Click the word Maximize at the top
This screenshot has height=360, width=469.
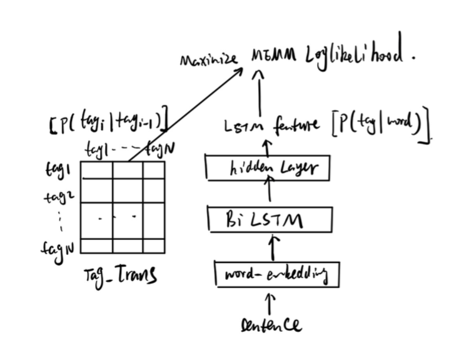click(209, 61)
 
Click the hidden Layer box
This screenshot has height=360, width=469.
click(269, 167)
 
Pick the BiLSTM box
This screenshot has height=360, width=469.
click(270, 220)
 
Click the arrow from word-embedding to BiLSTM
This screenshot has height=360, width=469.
click(271, 247)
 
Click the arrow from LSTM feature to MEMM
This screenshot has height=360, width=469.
click(258, 94)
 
